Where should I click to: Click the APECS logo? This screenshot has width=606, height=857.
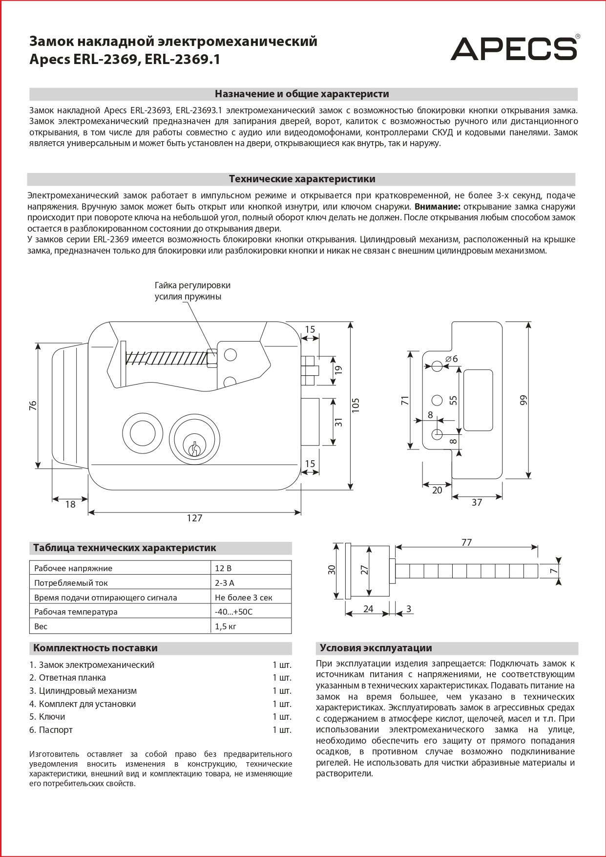tap(514, 49)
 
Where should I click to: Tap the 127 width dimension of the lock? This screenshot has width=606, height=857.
tap(194, 518)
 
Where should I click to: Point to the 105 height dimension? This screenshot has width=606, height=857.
tap(355, 405)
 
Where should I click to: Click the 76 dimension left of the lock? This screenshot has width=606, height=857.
tap(33, 405)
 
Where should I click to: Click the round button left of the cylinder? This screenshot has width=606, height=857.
tap(142, 433)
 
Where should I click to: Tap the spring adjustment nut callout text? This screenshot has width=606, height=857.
tap(192, 291)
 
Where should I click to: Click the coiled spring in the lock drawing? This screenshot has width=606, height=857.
tap(166, 359)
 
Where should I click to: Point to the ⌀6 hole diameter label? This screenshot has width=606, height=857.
tap(452, 359)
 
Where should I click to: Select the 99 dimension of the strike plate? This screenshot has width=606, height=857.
tap(523, 400)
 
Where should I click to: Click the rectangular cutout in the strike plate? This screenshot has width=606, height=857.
tap(478, 400)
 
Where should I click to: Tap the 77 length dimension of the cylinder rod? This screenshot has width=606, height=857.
tap(466, 542)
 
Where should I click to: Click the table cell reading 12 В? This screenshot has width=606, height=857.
tap(224, 568)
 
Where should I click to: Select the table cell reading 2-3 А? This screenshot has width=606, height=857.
tap(225, 583)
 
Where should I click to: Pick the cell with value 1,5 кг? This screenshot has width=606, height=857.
tap(226, 626)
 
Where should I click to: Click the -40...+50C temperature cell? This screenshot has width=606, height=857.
tap(234, 612)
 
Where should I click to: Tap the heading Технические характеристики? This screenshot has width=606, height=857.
tap(302, 179)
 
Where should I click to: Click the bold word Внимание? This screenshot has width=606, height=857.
tap(437, 207)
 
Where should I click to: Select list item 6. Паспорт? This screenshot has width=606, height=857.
tap(51, 730)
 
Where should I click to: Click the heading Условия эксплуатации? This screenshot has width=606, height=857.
tap(376, 648)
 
